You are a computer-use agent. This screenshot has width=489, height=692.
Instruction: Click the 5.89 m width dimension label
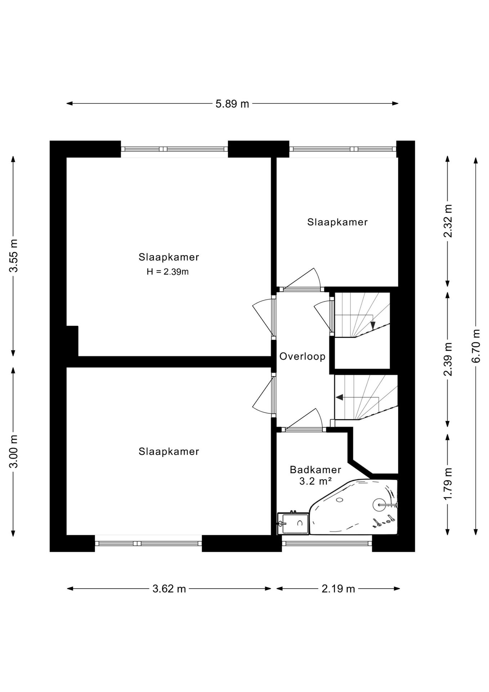(232, 104)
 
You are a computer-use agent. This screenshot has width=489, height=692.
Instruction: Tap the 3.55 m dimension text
(13, 256)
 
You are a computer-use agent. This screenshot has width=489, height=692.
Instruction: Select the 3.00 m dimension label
(13, 451)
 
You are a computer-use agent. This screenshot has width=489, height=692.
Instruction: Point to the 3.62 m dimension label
(169, 589)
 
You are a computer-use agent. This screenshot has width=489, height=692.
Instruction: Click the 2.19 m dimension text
(338, 589)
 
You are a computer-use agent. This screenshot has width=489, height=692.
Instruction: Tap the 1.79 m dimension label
(448, 484)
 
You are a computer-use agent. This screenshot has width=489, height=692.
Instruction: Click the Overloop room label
(302, 356)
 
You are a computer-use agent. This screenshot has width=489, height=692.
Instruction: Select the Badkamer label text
(315, 470)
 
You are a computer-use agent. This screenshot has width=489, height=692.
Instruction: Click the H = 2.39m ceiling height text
(167, 272)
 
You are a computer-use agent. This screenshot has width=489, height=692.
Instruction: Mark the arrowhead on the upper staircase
(373, 325)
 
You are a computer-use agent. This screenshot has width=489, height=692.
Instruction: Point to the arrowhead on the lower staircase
(339, 397)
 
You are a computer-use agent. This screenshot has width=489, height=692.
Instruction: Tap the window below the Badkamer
(327, 543)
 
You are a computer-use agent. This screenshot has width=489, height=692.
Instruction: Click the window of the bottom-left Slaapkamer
(148, 543)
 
